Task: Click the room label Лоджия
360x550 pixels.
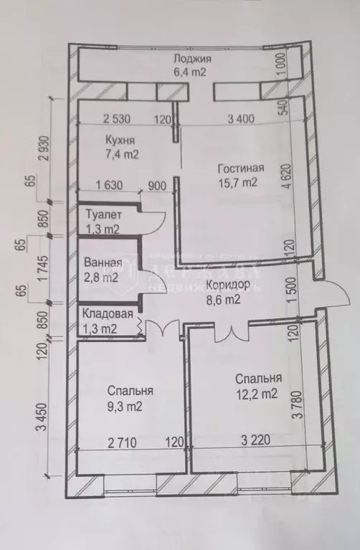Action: pos(193,59)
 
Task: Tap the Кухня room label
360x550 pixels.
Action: pos(120,139)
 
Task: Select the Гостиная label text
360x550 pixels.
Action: pos(241,169)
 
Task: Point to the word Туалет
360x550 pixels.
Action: pos(103,214)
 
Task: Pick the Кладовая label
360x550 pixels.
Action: pos(108,313)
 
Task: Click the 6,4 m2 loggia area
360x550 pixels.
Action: pos(193,72)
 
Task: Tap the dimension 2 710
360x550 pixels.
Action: pos(129,442)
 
